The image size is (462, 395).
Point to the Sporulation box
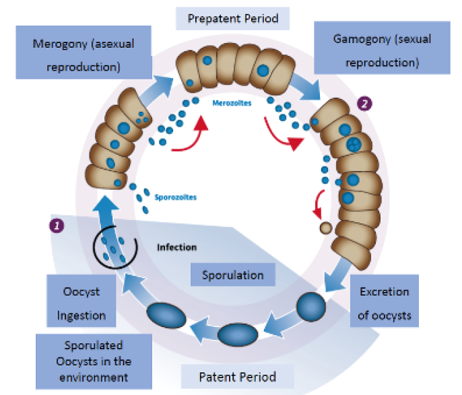(233, 275)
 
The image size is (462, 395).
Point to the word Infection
(176, 246)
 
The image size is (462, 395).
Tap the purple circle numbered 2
(364, 104)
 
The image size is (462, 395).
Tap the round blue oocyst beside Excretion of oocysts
(311, 305)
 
